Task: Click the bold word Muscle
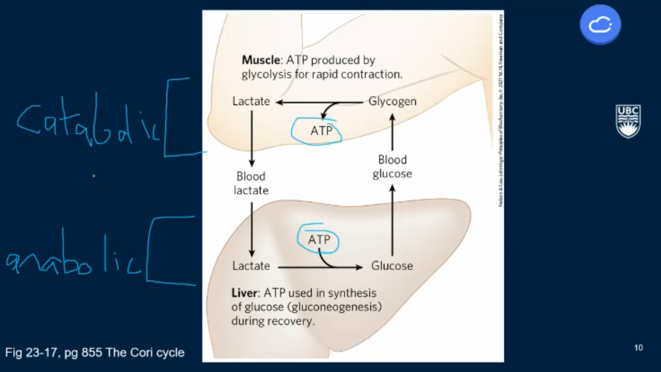(x=261, y=60)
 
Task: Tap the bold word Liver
(x=244, y=293)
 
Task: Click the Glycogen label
(x=392, y=101)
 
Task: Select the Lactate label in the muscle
(x=251, y=101)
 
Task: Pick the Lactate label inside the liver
(x=251, y=266)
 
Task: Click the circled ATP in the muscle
(x=321, y=131)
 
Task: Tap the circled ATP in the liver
(x=319, y=240)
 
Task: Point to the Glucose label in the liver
(x=392, y=266)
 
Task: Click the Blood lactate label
(x=251, y=183)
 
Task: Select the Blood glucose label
(x=392, y=167)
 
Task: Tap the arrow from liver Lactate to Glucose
(x=320, y=267)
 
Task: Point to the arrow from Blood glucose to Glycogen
(x=392, y=133)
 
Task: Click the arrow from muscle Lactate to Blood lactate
(x=252, y=138)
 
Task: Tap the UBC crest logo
(x=628, y=121)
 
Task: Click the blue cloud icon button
(x=600, y=24)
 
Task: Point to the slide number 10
(x=638, y=348)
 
